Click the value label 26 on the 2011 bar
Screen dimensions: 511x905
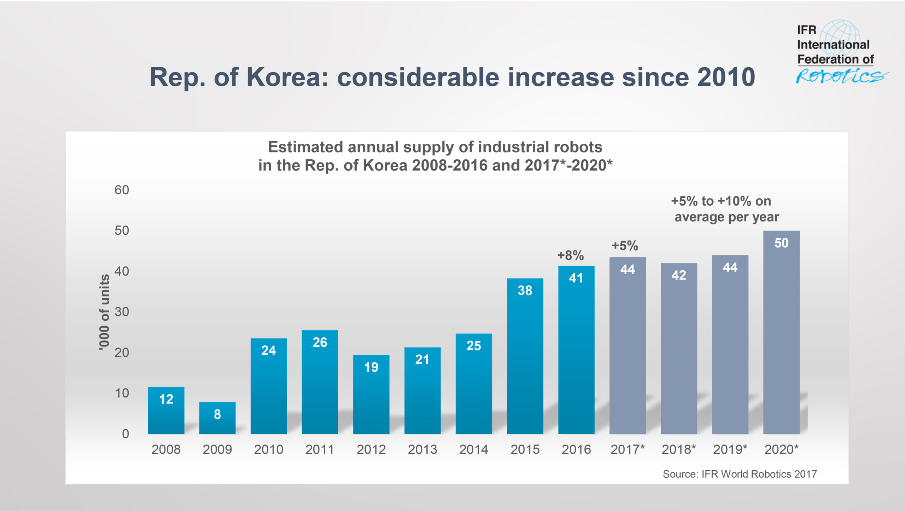tap(320, 342)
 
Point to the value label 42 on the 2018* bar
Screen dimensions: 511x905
tap(678, 275)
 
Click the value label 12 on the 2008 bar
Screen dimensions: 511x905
tap(166, 399)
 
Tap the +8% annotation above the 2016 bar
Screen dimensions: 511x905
tap(570, 255)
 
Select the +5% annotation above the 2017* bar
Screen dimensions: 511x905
tap(625, 246)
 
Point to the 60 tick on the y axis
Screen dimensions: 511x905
tap(122, 190)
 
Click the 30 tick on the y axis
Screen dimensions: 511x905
tap(122, 312)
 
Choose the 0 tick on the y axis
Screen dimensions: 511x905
tap(125, 434)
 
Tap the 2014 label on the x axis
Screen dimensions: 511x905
tap(473, 449)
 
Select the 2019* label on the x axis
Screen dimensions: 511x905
tap(730, 449)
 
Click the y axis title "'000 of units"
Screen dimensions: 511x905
tap(104, 312)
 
